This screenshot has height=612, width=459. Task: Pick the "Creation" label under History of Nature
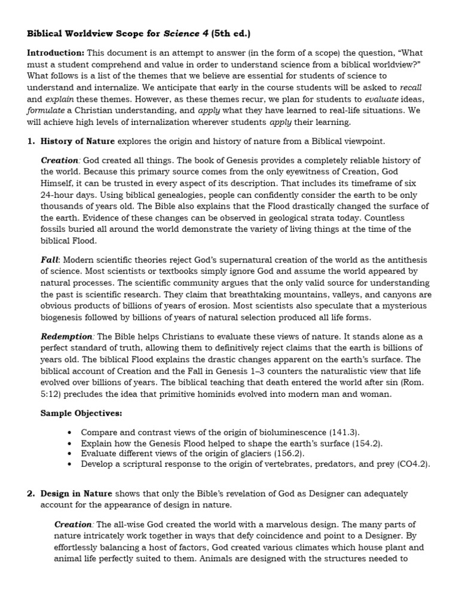click(60, 160)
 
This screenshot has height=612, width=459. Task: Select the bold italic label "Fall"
click(50, 259)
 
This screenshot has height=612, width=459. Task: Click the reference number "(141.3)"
click(345, 432)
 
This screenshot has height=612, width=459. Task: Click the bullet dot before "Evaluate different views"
click(71, 453)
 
